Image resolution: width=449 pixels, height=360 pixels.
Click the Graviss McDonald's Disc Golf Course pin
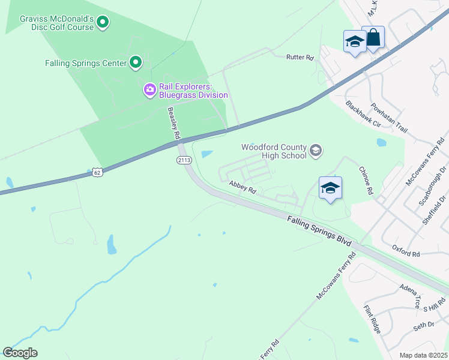click(x=103, y=23)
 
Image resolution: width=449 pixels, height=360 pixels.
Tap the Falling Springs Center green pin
click(x=136, y=62)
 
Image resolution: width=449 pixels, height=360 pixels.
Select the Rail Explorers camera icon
click(x=149, y=90)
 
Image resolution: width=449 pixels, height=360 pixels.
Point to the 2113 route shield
click(x=184, y=160)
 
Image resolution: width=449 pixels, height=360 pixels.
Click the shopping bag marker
click(x=373, y=38)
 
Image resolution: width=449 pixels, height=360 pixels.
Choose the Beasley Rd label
click(x=174, y=124)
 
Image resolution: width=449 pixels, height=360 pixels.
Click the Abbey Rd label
click(x=243, y=188)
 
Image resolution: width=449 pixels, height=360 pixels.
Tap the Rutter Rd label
click(x=300, y=58)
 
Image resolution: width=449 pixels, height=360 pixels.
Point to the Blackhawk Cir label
click(x=363, y=113)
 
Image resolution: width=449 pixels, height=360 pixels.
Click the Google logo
click(x=20, y=353)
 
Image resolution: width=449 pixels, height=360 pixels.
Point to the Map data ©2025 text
click(x=423, y=355)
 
